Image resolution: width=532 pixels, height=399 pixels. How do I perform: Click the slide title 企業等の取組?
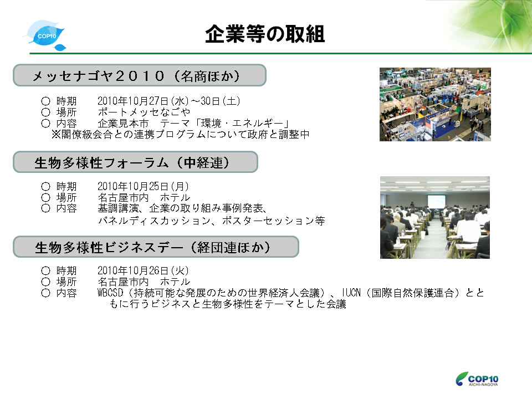[x=265, y=34]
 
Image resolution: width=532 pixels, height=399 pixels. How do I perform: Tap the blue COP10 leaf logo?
[x=45, y=35]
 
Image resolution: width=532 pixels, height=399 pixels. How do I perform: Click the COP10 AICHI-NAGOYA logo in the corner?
[x=477, y=379]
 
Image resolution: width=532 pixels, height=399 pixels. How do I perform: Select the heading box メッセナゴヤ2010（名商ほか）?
[x=140, y=75]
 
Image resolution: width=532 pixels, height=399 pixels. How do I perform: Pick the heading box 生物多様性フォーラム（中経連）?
[x=135, y=162]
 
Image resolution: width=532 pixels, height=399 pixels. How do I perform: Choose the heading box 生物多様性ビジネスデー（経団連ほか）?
[x=156, y=247]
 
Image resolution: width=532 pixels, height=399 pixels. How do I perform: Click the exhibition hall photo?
[x=435, y=104]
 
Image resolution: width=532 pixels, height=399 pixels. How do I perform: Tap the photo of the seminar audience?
[x=434, y=217]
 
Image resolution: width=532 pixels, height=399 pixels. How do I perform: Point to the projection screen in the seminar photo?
[x=436, y=201]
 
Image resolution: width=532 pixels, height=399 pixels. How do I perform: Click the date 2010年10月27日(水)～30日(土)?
[x=168, y=101]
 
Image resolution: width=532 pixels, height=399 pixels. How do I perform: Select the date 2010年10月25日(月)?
[x=143, y=186]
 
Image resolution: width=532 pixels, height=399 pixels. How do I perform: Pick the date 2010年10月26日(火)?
[x=143, y=270]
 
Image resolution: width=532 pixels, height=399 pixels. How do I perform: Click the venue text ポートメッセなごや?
[x=144, y=112]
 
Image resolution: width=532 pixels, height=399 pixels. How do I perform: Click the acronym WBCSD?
[x=110, y=293]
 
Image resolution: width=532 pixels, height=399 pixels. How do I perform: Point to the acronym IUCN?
[x=351, y=293]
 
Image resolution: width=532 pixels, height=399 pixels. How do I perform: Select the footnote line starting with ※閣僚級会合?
[x=180, y=134]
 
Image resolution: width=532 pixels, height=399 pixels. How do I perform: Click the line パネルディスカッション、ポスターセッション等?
[x=211, y=221]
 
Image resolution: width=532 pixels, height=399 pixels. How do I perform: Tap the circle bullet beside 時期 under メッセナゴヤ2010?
[x=46, y=101]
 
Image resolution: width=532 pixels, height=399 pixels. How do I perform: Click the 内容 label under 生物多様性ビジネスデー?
[x=66, y=293]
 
